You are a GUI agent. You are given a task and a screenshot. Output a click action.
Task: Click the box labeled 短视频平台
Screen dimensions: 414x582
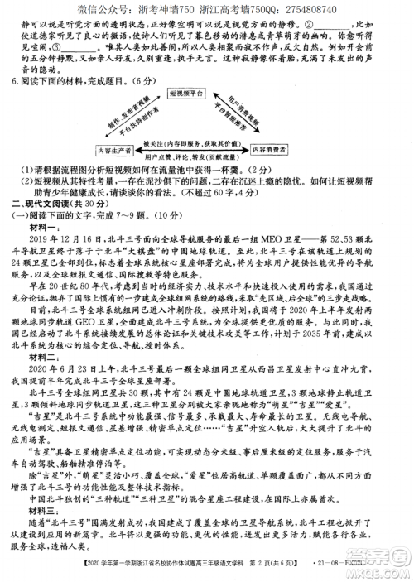(x=208, y=94)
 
